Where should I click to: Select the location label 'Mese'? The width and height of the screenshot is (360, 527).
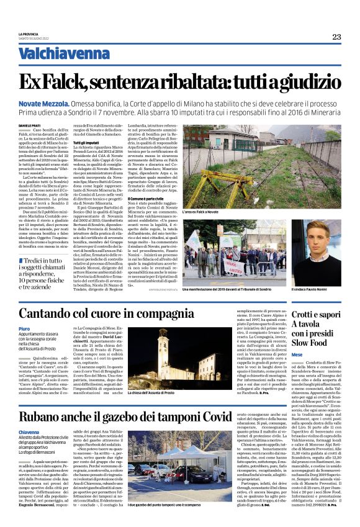pyautogui.click(x=297, y=354)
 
